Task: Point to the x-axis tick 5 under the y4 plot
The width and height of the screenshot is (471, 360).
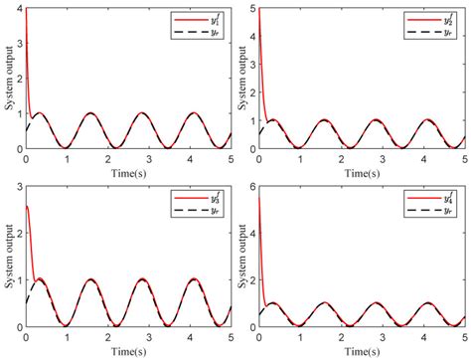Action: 463,334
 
